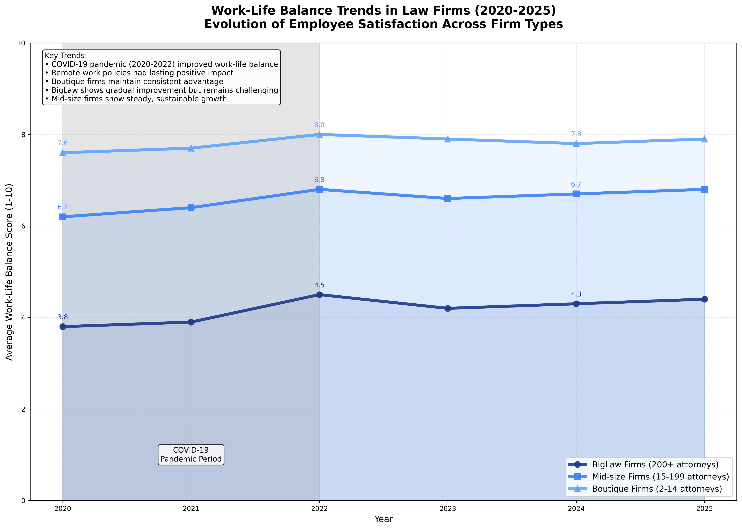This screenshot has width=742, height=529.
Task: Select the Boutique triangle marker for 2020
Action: (63, 153)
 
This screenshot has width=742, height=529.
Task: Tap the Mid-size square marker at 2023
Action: (448, 198)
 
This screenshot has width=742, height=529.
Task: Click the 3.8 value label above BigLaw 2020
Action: (63, 317)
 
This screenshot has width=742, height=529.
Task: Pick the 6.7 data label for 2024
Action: (576, 185)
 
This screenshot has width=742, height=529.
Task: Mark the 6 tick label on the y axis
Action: (24, 226)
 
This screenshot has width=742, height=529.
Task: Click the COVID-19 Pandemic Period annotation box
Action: (191, 454)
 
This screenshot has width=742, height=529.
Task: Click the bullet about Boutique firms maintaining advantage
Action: (137, 81)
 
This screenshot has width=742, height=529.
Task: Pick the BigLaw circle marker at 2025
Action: (705, 299)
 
